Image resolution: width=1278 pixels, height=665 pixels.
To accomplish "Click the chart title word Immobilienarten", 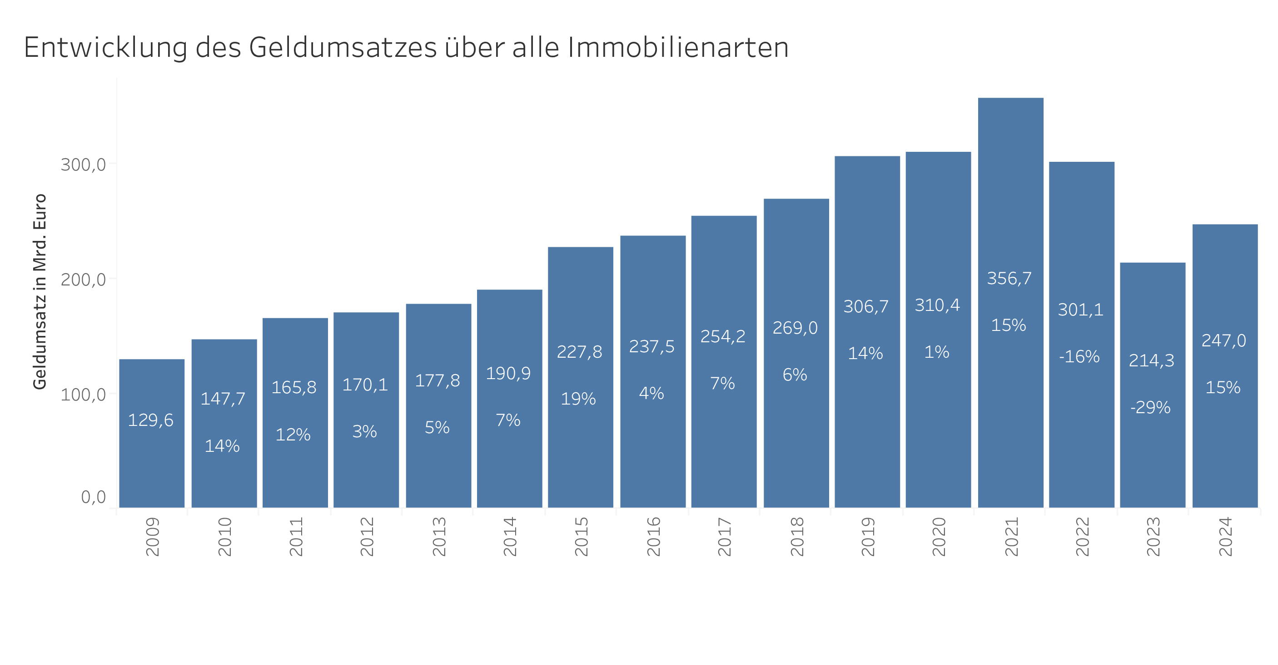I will coord(678,48).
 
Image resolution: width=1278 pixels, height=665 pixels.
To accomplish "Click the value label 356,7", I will coord(1009,278).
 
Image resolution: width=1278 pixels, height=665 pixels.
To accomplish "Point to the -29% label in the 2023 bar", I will coord(1150,407).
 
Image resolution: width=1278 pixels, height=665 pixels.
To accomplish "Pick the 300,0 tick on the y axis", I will coord(83,164).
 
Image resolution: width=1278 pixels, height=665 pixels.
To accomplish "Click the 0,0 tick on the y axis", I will coord(93,497).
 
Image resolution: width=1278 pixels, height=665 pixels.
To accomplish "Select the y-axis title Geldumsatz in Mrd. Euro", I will coord(40,292).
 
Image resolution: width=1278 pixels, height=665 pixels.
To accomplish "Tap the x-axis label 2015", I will coord(581,536).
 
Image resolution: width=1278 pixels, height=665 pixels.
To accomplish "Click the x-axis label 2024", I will coord(1225,536).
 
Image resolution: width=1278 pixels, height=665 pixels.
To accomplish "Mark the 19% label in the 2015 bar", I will coord(578,399).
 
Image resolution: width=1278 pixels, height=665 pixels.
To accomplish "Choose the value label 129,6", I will coord(151,420).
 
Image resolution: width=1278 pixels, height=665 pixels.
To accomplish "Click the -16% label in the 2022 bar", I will coord(1079,356).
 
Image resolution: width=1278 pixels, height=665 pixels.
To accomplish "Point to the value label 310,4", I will coord(937,305).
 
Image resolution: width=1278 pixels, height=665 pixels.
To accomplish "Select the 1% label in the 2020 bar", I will coord(937,352).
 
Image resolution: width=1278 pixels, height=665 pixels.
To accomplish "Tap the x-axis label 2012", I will coord(367,536).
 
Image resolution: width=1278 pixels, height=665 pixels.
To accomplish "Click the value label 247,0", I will coord(1223,340).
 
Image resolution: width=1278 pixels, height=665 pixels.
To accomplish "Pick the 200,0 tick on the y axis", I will coord(83,280).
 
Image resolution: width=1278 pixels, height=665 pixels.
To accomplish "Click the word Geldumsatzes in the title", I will coord(343,48).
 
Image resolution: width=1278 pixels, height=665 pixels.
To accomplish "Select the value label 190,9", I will coord(508,373).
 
